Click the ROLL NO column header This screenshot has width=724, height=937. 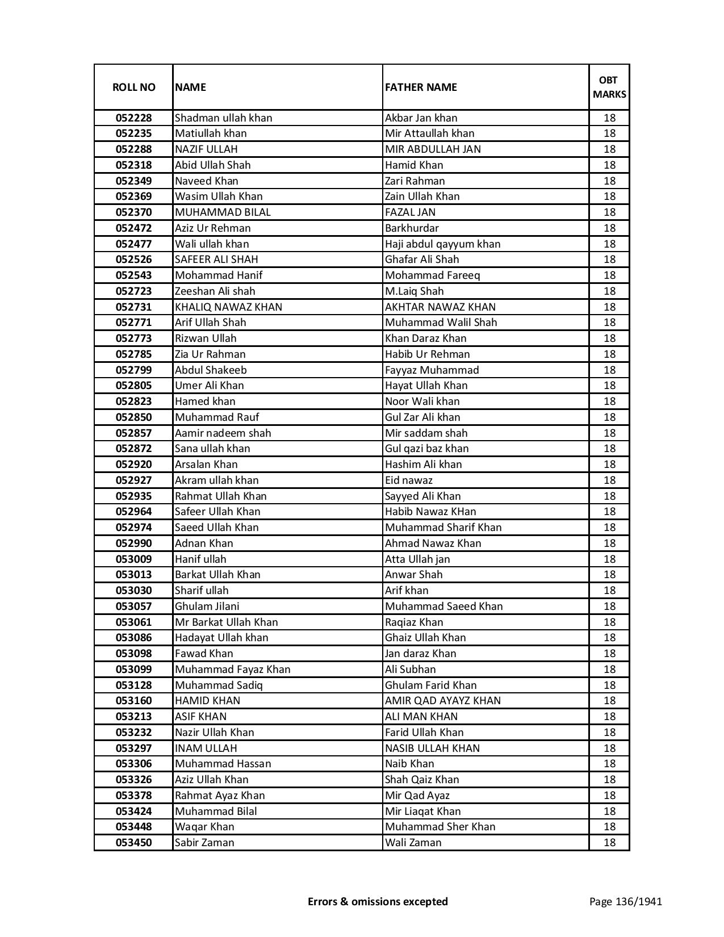pos(133,87)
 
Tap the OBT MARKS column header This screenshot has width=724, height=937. pos(609,87)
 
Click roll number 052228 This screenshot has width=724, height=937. pos(133,118)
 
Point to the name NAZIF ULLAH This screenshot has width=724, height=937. pos(206,149)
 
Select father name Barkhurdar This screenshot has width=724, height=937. pos(412,228)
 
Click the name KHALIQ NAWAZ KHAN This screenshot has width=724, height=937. pos(228,307)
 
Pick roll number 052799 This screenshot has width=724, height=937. pos(133,370)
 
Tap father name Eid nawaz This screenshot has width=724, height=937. pos(409,480)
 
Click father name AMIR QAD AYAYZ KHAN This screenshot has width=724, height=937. pos(443,701)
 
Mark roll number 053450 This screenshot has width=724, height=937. pos(133,843)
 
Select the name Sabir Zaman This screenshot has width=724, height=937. pos(204,843)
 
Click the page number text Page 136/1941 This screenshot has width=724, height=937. pos(625,901)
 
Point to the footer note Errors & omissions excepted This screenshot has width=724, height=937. pos(378,901)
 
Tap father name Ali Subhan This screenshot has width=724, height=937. pos(411,670)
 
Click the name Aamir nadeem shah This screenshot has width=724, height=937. pos(223,433)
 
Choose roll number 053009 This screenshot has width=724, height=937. pos(133,559)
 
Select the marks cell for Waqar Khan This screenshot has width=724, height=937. pos(609,827)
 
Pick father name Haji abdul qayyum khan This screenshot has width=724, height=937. pos(443,244)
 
